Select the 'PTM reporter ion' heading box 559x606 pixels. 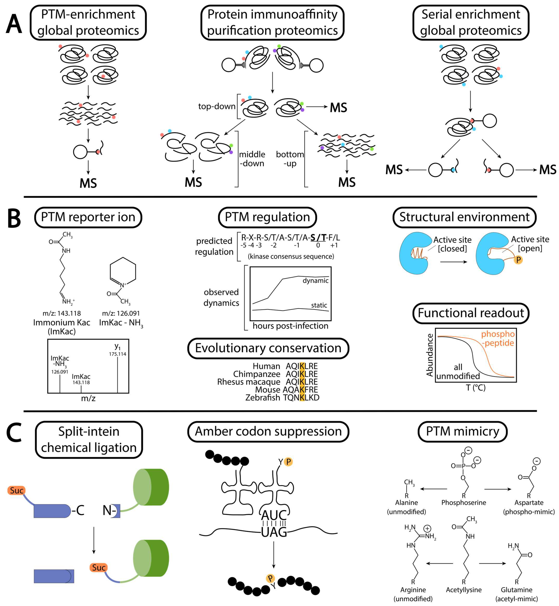[88, 217]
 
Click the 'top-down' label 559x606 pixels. [217, 106]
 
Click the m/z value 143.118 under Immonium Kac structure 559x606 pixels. [62, 313]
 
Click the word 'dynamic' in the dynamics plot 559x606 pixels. [316, 281]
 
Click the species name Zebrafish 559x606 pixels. [263, 397]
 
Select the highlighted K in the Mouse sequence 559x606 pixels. [302, 390]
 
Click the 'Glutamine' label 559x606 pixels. [516, 590]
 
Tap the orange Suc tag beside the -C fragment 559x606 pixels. [16, 490]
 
